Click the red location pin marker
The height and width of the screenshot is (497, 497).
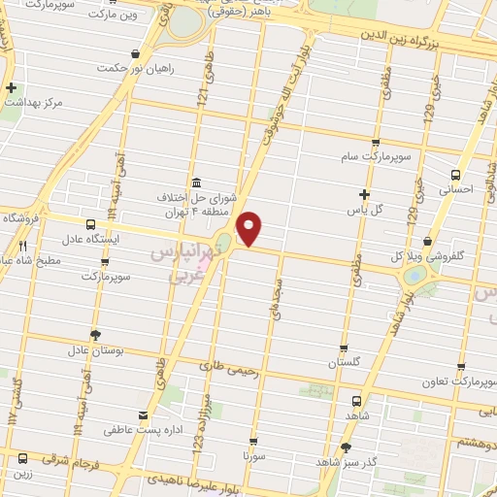[249, 228]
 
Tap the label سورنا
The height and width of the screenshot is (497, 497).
[255, 455]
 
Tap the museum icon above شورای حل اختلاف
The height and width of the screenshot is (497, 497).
[197, 182]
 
